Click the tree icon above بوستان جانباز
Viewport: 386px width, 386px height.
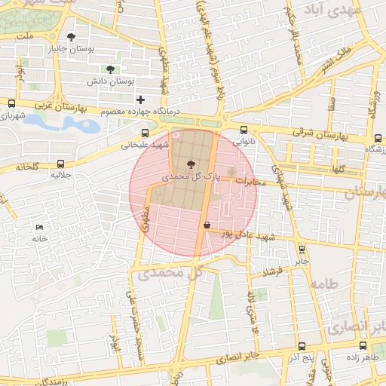pos(72,36)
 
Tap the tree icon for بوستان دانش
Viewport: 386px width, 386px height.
pos(111,69)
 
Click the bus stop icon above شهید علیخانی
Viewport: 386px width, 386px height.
pos(145,133)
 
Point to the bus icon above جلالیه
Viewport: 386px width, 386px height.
pos(61,164)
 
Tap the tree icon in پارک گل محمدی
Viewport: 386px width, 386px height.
pos(188,164)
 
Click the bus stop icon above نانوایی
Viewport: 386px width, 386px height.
pos(244,130)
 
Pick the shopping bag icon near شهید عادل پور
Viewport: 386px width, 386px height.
pos(207,224)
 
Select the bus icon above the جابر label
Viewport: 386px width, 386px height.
pos(302,250)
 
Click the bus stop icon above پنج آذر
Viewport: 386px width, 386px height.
pos(302,347)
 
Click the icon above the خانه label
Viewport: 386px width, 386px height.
pos(39,227)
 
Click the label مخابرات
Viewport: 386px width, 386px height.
pos(253,181)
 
